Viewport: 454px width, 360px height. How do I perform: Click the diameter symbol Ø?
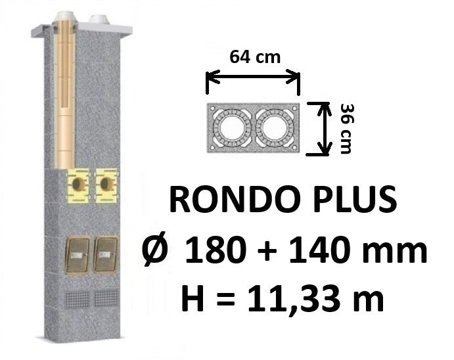(155, 250)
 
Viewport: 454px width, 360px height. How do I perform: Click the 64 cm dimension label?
(255, 57)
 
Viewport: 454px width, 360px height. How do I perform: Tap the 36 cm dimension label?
(346, 129)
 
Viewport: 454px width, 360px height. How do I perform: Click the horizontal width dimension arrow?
(253, 77)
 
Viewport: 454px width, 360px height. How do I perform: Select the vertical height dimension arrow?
(324, 129)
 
